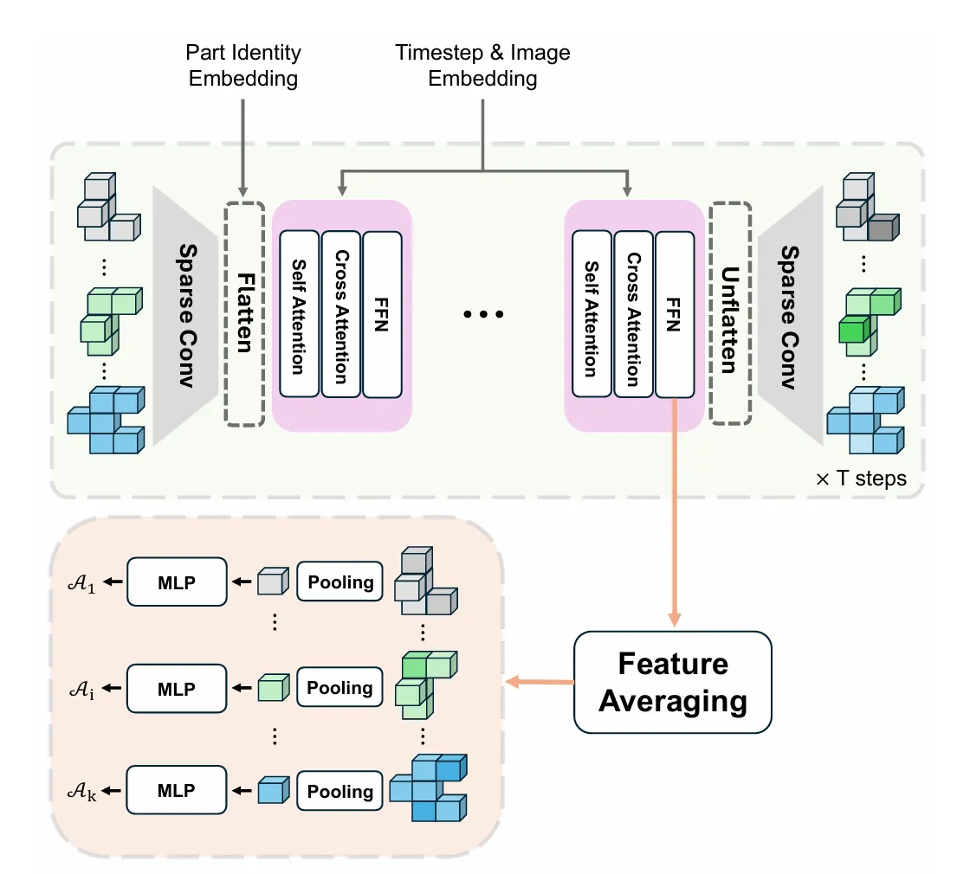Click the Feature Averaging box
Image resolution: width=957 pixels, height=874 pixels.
tap(672, 683)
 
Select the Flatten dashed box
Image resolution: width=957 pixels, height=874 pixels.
tap(244, 314)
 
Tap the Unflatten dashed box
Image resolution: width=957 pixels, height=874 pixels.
tap(729, 314)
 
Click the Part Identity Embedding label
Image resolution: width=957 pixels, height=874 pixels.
tap(242, 66)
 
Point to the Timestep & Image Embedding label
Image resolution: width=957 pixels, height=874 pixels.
tap(482, 66)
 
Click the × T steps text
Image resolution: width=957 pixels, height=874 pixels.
tap(861, 478)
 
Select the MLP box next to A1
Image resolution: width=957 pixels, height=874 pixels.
tap(177, 582)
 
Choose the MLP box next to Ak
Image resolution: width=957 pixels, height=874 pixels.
tap(177, 789)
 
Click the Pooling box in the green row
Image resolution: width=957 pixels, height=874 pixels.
tap(339, 689)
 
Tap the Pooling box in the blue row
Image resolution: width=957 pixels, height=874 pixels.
tap(339, 791)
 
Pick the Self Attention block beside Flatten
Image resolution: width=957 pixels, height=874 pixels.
tap(300, 314)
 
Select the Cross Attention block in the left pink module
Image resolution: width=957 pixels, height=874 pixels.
tap(340, 314)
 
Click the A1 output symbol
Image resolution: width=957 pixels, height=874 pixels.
tap(80, 582)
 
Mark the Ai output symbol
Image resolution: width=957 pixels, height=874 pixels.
tap(80, 690)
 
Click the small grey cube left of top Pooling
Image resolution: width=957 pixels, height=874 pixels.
tap(271, 582)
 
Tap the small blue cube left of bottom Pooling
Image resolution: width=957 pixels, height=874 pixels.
tap(271, 790)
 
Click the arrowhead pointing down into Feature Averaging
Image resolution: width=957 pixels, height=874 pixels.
tap(673, 620)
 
